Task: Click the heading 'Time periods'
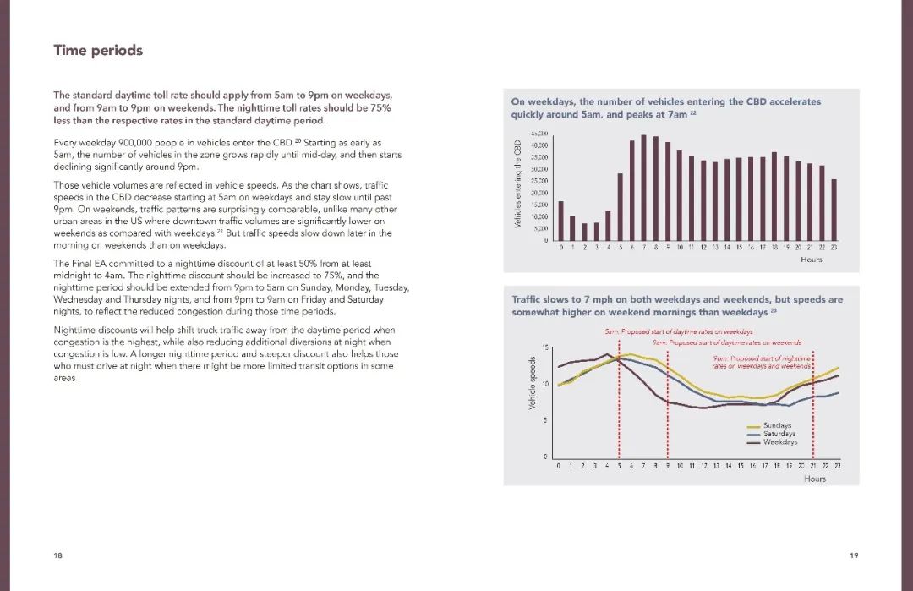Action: [x=98, y=51]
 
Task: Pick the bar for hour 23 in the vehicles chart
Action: [x=834, y=210]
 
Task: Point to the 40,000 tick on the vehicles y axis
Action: [x=539, y=146]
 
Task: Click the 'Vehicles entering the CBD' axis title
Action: [x=517, y=184]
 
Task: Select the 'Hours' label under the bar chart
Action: [x=811, y=260]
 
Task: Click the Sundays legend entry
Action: [x=776, y=425]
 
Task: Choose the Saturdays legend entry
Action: [x=779, y=434]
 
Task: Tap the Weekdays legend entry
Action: [x=779, y=442]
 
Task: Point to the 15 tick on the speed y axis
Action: [x=546, y=347]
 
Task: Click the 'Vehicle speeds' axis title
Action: [x=533, y=383]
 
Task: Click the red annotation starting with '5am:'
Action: [x=678, y=332]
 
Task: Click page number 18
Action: [x=57, y=555]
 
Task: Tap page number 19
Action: [x=854, y=555]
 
